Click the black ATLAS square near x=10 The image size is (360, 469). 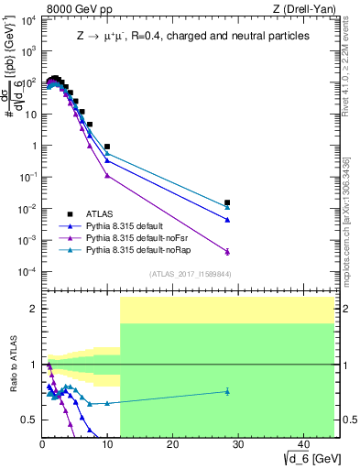click(107, 147)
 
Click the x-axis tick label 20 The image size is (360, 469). click(172, 444)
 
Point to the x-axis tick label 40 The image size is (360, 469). click(302, 444)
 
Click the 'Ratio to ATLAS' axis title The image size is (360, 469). click(13, 365)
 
